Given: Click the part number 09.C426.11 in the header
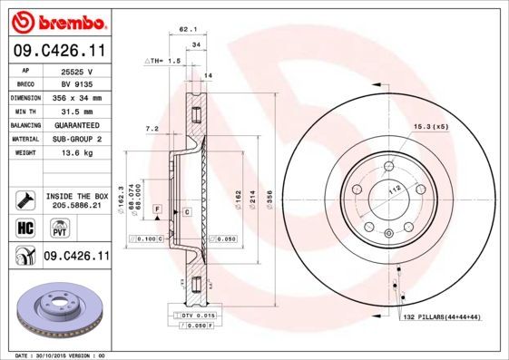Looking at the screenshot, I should [x=57, y=50].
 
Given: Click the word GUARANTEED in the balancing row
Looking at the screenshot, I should [x=78, y=124].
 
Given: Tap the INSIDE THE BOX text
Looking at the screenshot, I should [x=76, y=196].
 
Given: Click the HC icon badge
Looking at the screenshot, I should [x=24, y=228].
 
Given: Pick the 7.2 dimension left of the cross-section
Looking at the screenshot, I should [x=152, y=129].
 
